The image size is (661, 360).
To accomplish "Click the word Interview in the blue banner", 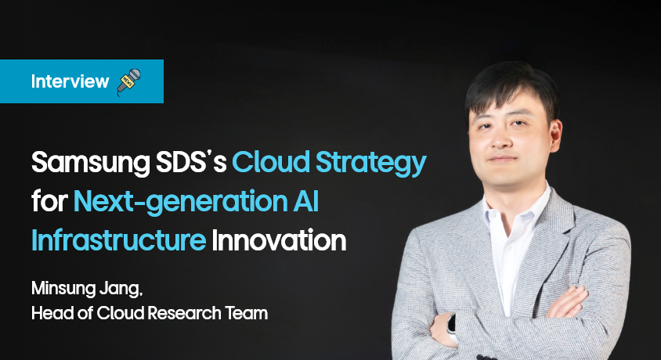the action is [70, 81].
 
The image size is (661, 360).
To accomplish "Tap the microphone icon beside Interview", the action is [128, 81].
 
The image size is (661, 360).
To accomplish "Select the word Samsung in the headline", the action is [91, 163].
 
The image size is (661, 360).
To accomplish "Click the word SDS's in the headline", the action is [191, 163].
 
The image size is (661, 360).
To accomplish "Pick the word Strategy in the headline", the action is [371, 164].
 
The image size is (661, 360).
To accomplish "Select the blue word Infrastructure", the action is [118, 240].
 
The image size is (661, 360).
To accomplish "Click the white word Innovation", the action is [279, 240].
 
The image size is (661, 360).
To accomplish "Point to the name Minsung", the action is [63, 289].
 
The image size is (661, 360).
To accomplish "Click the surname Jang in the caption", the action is [121, 290].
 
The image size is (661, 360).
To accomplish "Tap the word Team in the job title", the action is [246, 313].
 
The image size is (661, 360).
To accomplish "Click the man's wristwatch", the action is [452, 326].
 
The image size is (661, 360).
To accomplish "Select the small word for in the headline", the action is [49, 201].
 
